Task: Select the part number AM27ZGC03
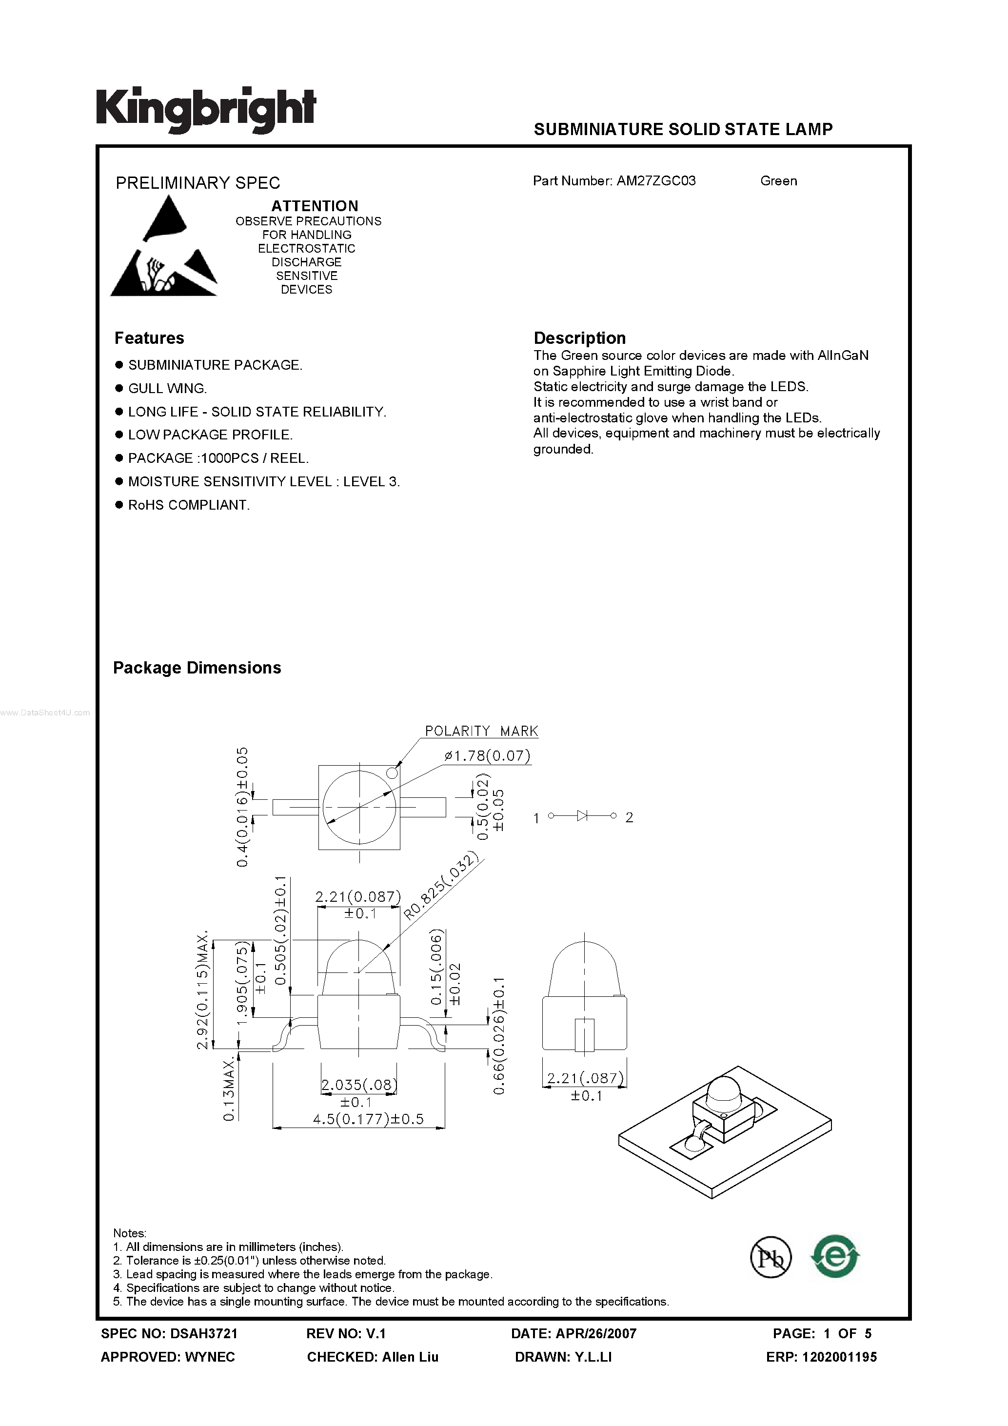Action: coord(656,181)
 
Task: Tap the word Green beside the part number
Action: coord(778,181)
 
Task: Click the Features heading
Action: coord(149,338)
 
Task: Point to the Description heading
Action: coord(579,338)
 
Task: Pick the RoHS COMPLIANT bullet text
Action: coord(189,505)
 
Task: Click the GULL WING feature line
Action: coord(167,388)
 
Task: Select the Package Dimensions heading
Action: coord(197,668)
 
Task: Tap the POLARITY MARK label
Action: coord(481,731)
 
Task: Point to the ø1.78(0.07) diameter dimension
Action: coord(488,756)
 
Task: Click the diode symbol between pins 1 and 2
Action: coord(582,815)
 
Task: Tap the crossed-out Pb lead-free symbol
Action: coord(771,1257)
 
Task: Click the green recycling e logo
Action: coord(835,1256)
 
